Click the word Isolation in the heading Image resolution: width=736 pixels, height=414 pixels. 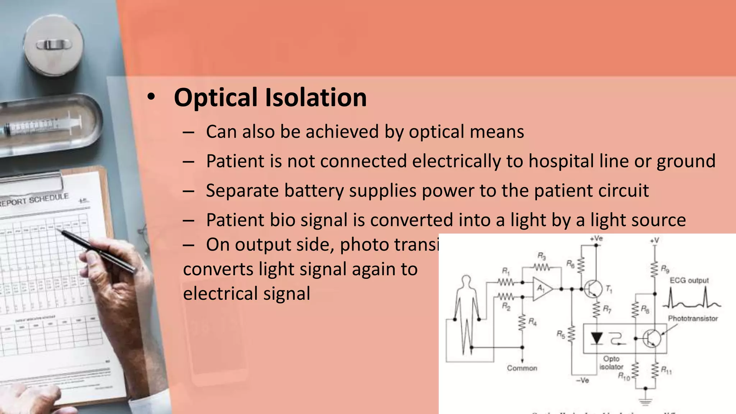(316, 98)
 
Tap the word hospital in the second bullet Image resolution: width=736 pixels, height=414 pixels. (561, 161)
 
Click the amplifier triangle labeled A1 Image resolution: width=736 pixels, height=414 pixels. (542, 288)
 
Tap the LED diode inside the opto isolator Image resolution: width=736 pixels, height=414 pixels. (597, 338)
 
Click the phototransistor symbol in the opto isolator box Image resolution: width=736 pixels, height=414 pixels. (652, 338)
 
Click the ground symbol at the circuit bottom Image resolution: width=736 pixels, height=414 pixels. (645, 401)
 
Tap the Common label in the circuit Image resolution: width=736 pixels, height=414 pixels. (522, 368)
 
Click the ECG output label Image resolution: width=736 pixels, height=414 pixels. (689, 280)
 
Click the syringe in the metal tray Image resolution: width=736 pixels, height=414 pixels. (43, 126)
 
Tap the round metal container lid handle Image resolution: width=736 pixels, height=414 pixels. (54, 45)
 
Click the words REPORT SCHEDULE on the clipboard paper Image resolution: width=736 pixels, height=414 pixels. (34, 200)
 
